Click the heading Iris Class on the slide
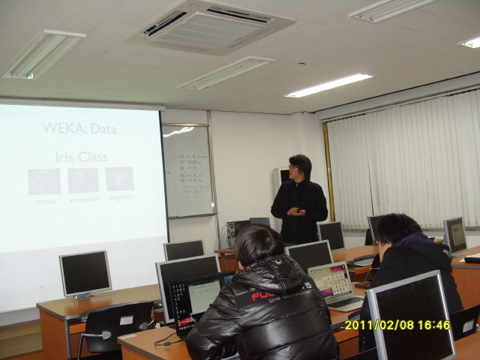click(81, 157)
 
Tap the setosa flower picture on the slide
click(44, 181)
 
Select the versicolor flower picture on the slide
click(82, 180)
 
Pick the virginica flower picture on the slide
click(119, 178)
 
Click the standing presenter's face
click(300, 169)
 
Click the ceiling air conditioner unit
click(209, 26)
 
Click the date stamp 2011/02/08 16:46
click(397, 325)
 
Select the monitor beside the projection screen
click(85, 273)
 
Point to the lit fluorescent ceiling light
click(328, 85)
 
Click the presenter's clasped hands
click(295, 211)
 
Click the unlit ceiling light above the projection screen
click(44, 54)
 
